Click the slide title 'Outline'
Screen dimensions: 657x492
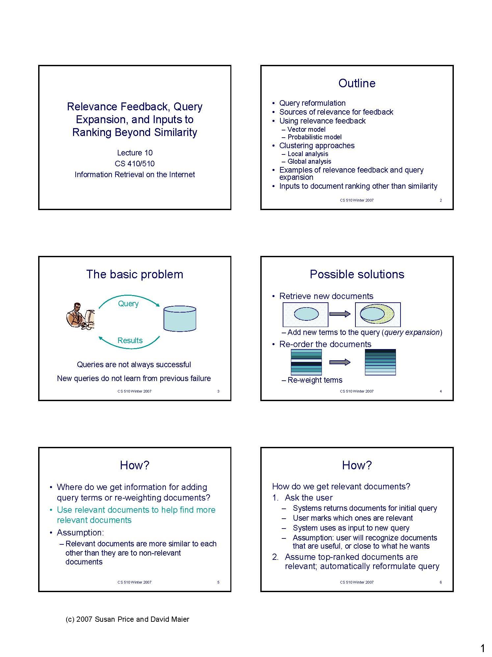[x=357, y=83]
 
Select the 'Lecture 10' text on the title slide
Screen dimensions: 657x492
[x=135, y=153]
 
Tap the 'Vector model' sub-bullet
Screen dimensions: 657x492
[x=306, y=129]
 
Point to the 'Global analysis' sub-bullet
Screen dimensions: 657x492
[x=309, y=161]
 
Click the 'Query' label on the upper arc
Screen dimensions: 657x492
[x=128, y=304]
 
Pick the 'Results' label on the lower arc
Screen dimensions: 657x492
[x=130, y=341]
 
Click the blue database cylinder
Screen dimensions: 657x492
[x=180, y=318]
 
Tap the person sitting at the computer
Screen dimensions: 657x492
[x=80, y=316]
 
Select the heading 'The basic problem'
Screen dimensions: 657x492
[x=135, y=274]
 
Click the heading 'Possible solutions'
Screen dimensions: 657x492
[x=357, y=274]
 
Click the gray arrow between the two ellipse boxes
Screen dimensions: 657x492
[x=340, y=314]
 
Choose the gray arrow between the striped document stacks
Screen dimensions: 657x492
[x=340, y=362]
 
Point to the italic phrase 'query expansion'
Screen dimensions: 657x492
[x=412, y=332]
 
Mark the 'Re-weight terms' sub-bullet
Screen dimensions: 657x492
[x=315, y=380]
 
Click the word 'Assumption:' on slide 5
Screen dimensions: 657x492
[x=80, y=533]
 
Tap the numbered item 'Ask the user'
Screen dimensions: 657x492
[x=309, y=498]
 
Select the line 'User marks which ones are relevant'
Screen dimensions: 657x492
[x=352, y=518]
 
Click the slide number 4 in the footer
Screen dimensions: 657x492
[x=441, y=391]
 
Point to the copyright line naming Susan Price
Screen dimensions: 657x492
[x=127, y=619]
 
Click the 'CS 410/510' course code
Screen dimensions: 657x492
[x=135, y=164]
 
